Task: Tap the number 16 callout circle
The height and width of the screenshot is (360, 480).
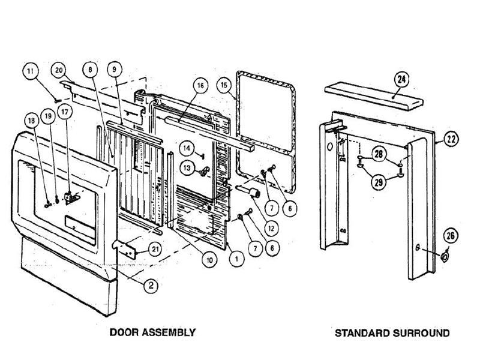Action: pos(200,86)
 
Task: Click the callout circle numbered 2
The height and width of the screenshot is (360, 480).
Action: pos(152,286)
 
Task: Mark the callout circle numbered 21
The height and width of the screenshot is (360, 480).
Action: pos(155,250)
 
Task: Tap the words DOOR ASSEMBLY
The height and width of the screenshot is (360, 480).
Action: pos(152,332)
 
